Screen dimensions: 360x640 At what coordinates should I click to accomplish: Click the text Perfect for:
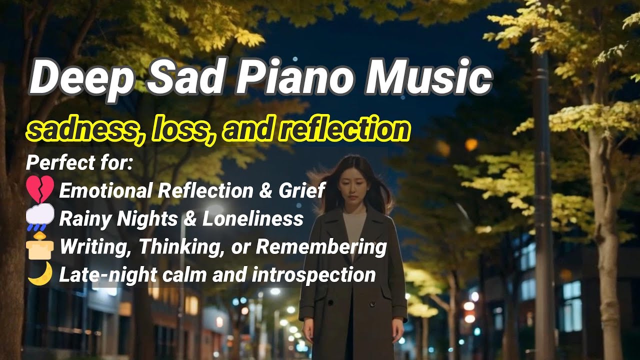[x=79, y=163]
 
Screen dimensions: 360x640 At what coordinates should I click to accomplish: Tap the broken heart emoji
[x=40, y=190]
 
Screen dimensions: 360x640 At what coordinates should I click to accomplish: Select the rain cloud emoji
[x=40, y=218]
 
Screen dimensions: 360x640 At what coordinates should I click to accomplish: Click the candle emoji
[x=40, y=246]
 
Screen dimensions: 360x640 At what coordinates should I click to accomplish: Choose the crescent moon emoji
[x=40, y=274]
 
